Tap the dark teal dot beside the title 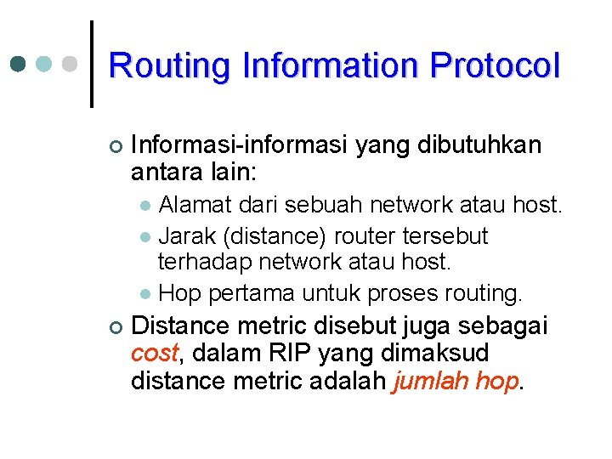click(x=18, y=64)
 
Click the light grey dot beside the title click(x=71, y=64)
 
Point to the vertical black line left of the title click(x=92, y=64)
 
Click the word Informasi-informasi click(x=240, y=145)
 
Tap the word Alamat click(x=192, y=205)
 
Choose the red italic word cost click(x=154, y=353)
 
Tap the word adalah click(x=346, y=381)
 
